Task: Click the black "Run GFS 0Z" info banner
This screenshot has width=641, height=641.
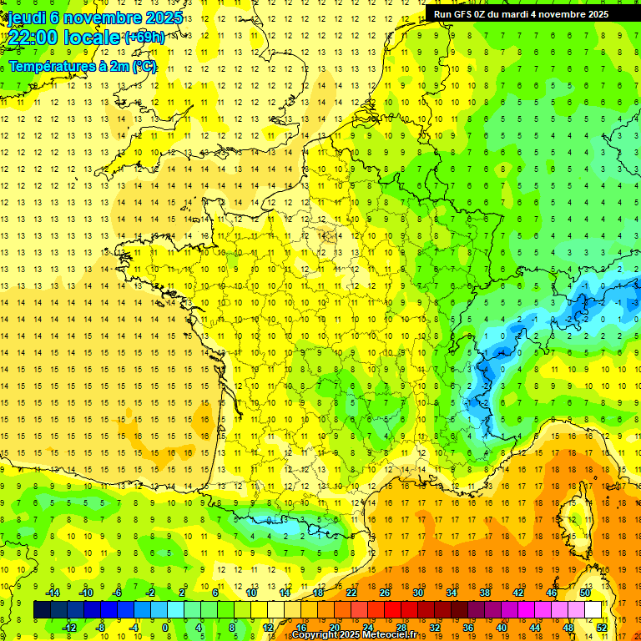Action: coord(521,14)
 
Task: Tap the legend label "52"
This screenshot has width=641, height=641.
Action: coord(602,627)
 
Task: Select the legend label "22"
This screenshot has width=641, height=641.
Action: coord(351,593)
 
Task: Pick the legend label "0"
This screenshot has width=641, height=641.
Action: coord(164,627)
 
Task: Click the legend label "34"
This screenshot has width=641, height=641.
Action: coord(452,593)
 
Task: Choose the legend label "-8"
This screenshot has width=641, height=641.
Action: coord(101,627)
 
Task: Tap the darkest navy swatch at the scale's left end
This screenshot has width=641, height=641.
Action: coord(42,610)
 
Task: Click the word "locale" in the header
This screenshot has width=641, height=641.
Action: coord(93,38)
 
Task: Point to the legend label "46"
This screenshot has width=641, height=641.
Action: coord(551,593)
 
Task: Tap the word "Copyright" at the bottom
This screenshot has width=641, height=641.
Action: coord(318,635)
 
